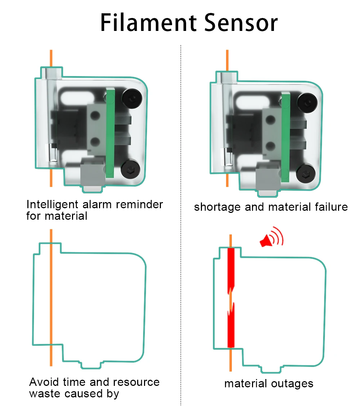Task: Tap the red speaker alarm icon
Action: [x=271, y=238]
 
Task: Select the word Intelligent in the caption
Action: [x=52, y=205]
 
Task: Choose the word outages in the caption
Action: [x=292, y=384]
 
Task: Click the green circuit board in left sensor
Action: [x=110, y=133]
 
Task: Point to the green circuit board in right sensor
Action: [x=286, y=137]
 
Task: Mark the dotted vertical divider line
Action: [x=180, y=223]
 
